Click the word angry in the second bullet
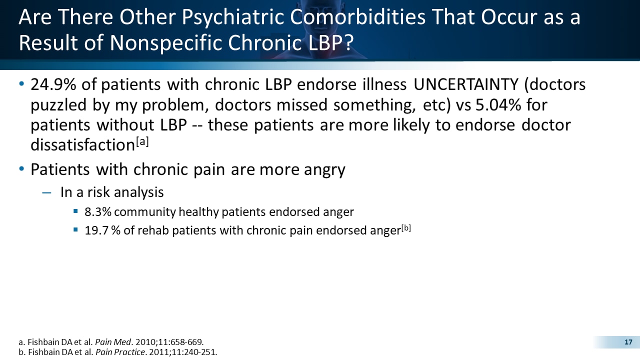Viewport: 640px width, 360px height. (x=322, y=170)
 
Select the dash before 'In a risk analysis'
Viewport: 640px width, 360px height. (x=46, y=192)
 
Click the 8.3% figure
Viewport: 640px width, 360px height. (x=96, y=212)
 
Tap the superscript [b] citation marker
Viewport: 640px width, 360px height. (x=405, y=228)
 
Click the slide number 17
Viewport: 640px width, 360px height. (x=628, y=342)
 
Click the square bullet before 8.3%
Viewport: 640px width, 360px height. (x=75, y=211)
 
